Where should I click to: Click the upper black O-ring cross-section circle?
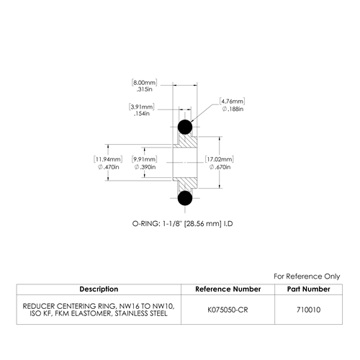point(185,127)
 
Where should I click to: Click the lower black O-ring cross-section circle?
point(185,198)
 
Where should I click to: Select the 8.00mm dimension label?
point(144,83)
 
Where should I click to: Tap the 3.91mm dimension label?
point(142,107)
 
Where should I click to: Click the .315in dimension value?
point(144,89)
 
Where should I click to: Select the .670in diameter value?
point(220,167)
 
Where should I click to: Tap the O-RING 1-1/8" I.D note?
point(182,224)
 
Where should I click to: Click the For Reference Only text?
point(307,276)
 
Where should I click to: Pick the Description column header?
point(99,289)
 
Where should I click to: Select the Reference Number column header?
point(228,289)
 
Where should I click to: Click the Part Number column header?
point(309,289)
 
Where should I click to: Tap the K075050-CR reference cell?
point(228,310)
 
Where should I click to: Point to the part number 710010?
point(309,310)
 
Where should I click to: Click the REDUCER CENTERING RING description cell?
point(99,310)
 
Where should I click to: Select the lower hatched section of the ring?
point(186,184)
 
